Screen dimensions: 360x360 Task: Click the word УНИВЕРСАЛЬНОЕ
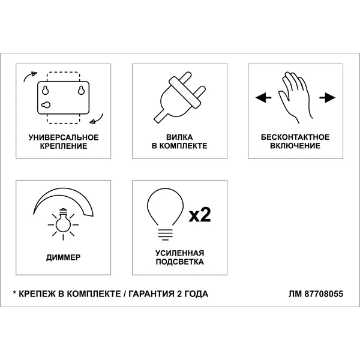click(64, 137)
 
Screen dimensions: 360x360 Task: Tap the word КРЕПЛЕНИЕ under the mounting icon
click(64, 146)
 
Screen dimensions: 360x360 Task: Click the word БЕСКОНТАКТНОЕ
click(295, 137)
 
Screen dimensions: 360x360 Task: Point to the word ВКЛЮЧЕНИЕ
click(295, 146)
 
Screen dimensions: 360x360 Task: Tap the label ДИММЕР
click(64, 257)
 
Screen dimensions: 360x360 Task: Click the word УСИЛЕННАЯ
click(180, 253)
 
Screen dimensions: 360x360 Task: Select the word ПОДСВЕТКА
click(180, 262)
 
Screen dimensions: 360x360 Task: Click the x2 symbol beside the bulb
click(200, 215)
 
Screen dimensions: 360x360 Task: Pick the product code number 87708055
click(324, 294)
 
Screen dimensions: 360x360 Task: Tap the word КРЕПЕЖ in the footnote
click(37, 294)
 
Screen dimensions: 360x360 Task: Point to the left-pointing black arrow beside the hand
click(263, 98)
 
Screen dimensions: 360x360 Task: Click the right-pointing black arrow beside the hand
click(327, 98)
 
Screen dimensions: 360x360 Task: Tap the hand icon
click(295, 98)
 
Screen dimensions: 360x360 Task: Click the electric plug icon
click(180, 98)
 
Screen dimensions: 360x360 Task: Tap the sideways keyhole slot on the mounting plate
click(46, 105)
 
